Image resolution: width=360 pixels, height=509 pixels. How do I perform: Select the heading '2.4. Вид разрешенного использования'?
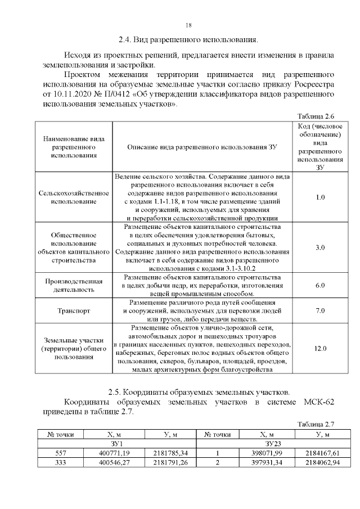(188, 40)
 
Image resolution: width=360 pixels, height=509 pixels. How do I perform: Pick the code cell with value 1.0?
(320, 197)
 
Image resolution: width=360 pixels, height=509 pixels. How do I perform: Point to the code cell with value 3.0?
(320, 247)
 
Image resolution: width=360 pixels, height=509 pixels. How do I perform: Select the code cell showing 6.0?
(320, 286)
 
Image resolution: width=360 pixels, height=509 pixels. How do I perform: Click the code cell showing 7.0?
(320, 310)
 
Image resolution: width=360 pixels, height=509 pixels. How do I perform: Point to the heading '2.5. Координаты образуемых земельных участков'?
(199, 391)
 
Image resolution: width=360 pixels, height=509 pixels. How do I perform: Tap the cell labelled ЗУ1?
(116, 443)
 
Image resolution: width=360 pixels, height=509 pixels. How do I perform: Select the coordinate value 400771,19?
(114, 453)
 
